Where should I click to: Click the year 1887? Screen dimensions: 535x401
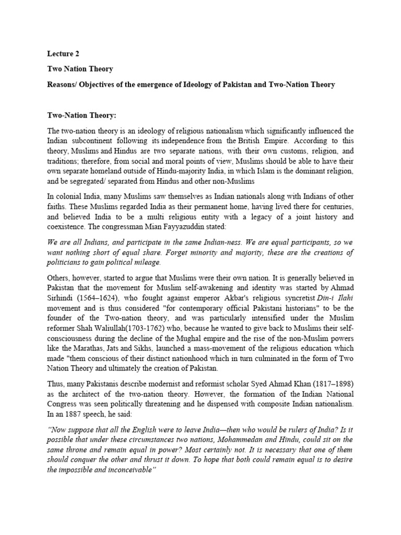68,402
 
